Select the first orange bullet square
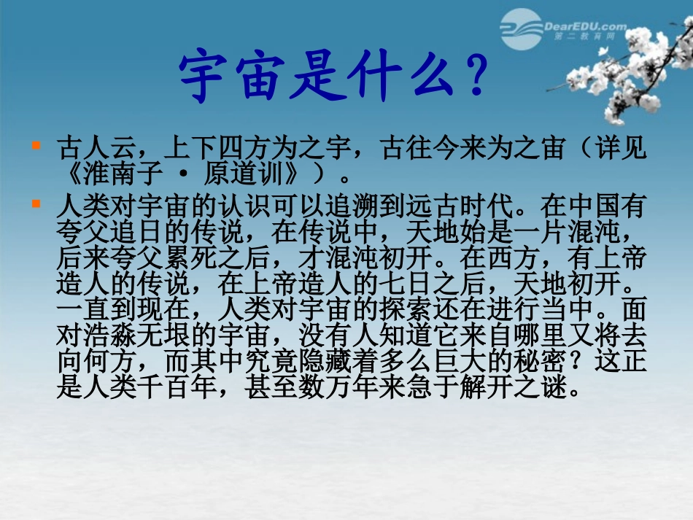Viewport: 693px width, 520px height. point(36,145)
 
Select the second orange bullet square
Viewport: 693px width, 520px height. point(36,205)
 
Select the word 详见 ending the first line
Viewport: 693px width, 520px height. point(628,150)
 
